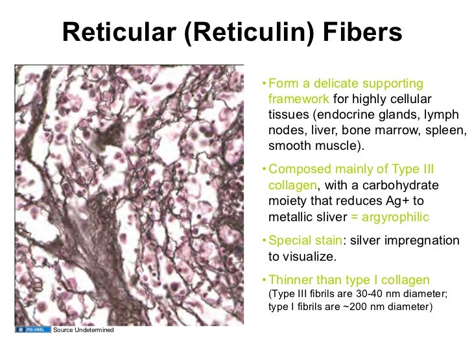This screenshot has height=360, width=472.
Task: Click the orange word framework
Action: point(298,99)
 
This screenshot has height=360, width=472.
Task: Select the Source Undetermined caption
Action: point(83,331)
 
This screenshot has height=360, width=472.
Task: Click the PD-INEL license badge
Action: point(32,330)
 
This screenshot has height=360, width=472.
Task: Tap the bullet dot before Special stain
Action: point(263,241)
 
